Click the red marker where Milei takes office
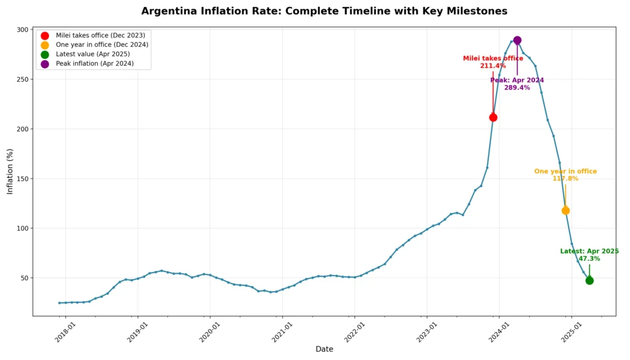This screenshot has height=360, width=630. (x=493, y=118)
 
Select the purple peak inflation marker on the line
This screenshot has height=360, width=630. (x=517, y=40)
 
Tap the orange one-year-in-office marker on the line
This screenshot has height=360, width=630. (x=565, y=210)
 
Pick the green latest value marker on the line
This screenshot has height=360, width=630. (x=589, y=280)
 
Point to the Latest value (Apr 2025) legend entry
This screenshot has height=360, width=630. (x=92, y=54)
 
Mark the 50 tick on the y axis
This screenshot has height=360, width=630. (x=25, y=278)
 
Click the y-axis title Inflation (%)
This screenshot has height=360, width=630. (x=10, y=170)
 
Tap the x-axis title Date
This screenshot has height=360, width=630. (x=324, y=349)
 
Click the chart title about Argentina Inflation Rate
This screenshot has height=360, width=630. (x=324, y=11)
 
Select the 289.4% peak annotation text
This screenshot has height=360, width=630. (x=517, y=88)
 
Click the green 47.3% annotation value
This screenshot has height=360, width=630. (x=589, y=259)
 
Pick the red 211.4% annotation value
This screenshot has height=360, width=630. (x=493, y=66)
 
